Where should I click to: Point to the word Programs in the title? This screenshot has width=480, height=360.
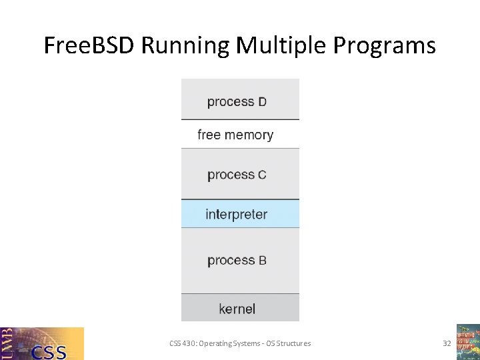tap(383, 46)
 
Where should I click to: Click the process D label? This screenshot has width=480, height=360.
tap(237, 102)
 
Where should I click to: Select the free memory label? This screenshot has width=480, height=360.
tap(235, 135)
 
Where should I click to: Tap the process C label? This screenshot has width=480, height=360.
tap(237, 175)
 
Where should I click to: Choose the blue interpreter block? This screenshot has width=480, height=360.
tap(240, 214)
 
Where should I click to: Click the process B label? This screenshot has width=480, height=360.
tap(237, 260)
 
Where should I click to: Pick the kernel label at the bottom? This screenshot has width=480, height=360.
tap(237, 309)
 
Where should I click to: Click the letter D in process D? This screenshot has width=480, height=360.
tap(262, 102)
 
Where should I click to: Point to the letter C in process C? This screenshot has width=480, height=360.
tap(262, 175)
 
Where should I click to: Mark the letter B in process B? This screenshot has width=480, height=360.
tap(262, 261)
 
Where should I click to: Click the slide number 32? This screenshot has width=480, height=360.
tap(447, 343)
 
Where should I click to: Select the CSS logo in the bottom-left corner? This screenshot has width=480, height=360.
tap(42, 343)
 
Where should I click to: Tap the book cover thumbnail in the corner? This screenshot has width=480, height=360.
tap(468, 342)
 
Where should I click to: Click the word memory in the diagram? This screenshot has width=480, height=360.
tap(249, 135)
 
